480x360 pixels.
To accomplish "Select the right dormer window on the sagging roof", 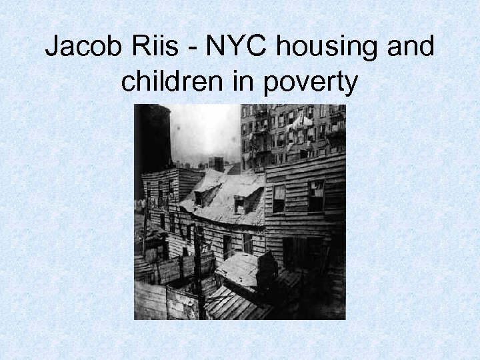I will (239, 205).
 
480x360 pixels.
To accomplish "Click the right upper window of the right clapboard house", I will (315, 195).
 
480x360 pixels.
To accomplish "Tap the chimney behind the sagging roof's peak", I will (217, 164).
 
